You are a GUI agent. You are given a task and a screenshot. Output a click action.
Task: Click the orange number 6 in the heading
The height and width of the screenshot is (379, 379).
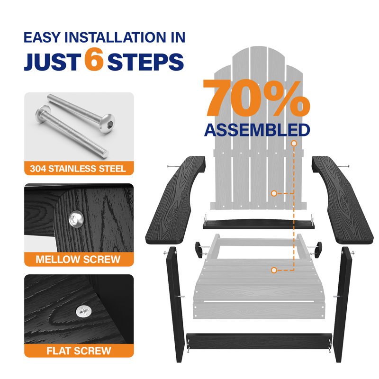[94, 59]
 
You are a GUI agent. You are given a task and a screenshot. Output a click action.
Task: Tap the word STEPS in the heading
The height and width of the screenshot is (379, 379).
[145, 62]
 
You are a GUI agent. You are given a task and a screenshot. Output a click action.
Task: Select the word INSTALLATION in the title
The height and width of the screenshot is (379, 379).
[115, 37]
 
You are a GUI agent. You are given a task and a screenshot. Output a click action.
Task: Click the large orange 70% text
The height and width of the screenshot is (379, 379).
[256, 98]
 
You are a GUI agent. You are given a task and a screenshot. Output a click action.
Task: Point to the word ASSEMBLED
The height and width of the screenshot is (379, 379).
[257, 130]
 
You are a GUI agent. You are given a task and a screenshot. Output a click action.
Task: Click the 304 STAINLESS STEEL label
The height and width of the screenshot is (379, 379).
[78, 169]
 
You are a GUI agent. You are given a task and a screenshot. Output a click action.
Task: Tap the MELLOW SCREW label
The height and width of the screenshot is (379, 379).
[78, 259]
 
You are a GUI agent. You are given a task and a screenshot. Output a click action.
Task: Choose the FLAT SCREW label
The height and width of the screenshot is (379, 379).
[79, 351]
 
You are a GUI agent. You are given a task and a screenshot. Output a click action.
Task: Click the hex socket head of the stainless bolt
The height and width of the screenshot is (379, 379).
[108, 123]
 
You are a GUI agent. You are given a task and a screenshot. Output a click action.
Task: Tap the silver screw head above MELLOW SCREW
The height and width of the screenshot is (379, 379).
[76, 219]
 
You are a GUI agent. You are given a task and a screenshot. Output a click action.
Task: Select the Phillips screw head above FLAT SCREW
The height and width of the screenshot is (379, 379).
[84, 311]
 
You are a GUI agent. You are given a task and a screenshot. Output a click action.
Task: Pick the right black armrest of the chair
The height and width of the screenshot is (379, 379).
[343, 199]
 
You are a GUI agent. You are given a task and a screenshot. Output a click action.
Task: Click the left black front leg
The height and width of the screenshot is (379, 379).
[175, 305]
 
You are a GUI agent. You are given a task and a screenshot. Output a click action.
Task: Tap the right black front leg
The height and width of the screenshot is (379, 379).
[342, 305]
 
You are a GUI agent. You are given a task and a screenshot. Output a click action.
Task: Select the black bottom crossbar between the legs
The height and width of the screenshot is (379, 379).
[259, 341]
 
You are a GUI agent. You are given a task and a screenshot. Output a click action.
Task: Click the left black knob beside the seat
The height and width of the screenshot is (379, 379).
[199, 250]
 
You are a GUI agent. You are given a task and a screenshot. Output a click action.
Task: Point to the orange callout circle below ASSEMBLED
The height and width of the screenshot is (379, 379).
[294, 144]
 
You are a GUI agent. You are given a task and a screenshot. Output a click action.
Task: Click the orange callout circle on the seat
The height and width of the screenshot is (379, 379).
[274, 270]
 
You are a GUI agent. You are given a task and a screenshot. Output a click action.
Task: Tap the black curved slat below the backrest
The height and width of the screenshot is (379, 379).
[259, 224]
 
